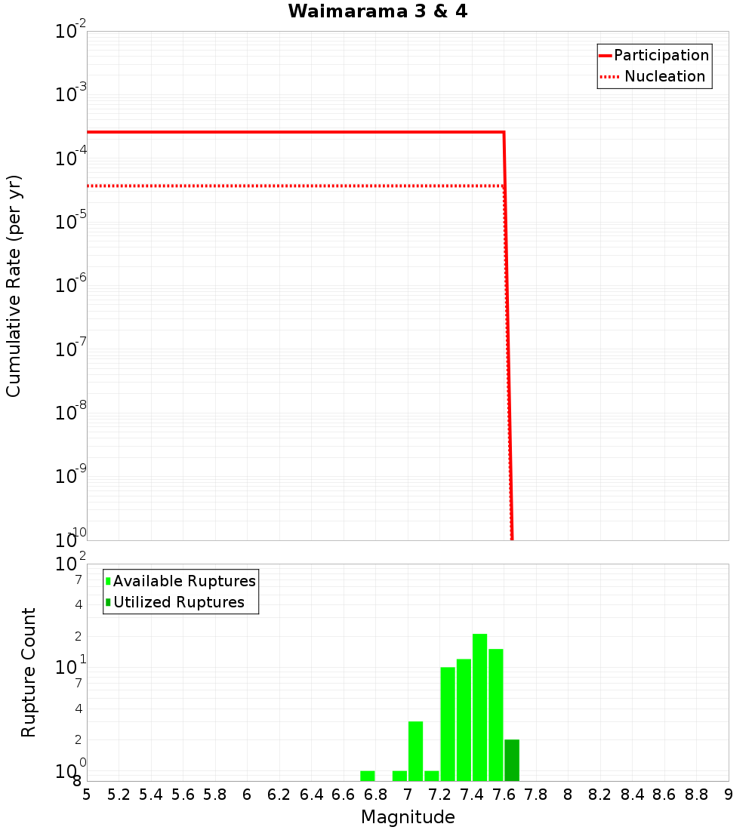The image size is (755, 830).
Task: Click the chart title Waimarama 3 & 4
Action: (x=377, y=12)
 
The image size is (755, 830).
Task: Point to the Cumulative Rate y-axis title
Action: (x=14, y=285)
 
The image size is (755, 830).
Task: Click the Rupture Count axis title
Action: (x=29, y=672)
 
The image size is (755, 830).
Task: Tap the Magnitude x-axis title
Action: (x=408, y=817)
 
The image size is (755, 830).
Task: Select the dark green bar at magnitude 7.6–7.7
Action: (x=512, y=761)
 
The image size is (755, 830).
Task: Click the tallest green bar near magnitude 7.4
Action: (x=479, y=708)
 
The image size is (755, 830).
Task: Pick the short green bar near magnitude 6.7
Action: (x=368, y=776)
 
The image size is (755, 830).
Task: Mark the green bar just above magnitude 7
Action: (x=415, y=752)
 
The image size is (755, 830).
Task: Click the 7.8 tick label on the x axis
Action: (x=536, y=795)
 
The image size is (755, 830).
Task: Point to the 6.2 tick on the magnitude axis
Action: (x=279, y=795)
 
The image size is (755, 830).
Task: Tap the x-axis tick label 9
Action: (x=729, y=795)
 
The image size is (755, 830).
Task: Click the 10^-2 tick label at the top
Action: (x=70, y=32)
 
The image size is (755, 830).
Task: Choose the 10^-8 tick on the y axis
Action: (x=70, y=413)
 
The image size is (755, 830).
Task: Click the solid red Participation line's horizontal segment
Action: (x=294, y=132)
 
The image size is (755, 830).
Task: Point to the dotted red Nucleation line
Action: (x=294, y=186)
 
